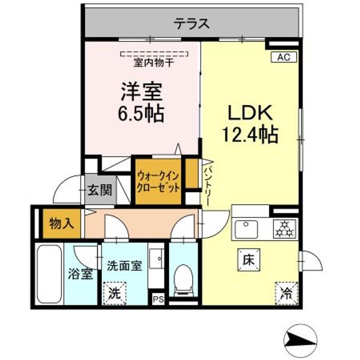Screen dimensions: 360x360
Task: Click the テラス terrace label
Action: (191, 23)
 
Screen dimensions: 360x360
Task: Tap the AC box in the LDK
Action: (284, 57)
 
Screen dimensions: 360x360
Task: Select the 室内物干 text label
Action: (153, 63)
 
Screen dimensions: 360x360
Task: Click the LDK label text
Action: (250, 113)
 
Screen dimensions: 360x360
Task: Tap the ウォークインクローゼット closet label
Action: (158, 182)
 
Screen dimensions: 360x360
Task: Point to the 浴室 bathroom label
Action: (80, 274)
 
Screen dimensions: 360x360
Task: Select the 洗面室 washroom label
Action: (124, 266)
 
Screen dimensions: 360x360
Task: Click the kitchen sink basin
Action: (247, 230)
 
